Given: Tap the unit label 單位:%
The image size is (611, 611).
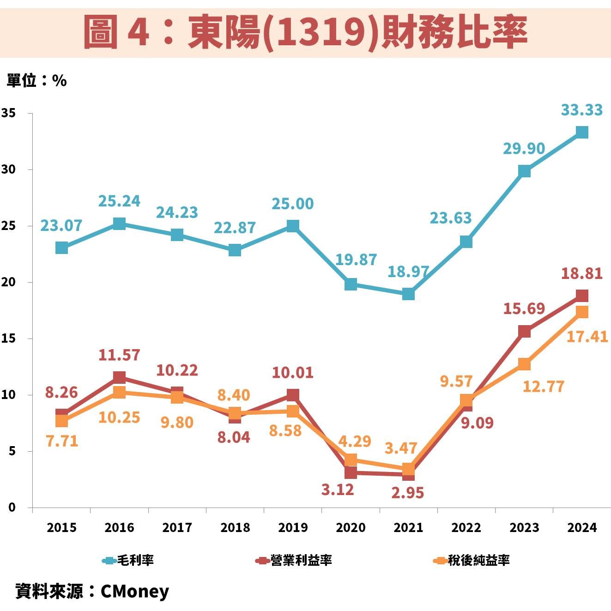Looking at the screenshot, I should pyautogui.click(x=36, y=80).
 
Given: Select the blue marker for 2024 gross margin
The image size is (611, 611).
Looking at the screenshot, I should pyautogui.click(x=582, y=133).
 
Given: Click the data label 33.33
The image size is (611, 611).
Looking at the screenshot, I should pyautogui.click(x=581, y=110).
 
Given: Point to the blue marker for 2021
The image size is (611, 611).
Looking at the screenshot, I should pyautogui.click(x=408, y=294).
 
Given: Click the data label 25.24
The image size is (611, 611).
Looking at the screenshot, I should pyautogui.click(x=119, y=201).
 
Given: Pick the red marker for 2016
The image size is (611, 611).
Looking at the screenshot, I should pyautogui.click(x=119, y=377).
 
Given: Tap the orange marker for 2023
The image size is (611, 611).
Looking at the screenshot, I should pyautogui.click(x=524, y=364).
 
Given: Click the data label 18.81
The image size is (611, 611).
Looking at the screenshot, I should pyautogui.click(x=581, y=274).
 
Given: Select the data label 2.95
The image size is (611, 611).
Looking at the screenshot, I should pyautogui.click(x=407, y=493).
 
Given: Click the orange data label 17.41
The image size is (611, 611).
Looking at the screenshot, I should pyautogui.click(x=587, y=337).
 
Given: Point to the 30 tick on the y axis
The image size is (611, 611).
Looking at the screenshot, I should pyautogui.click(x=9, y=169).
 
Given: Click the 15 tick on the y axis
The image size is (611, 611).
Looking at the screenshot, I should pyautogui.click(x=9, y=339).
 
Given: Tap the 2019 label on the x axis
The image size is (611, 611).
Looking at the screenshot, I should pyautogui.click(x=293, y=527).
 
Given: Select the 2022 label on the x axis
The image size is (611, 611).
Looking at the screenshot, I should pyautogui.click(x=466, y=527).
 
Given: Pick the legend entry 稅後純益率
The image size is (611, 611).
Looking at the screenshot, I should pyautogui.click(x=478, y=560).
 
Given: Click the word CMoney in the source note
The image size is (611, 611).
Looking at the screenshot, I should pyautogui.click(x=135, y=591).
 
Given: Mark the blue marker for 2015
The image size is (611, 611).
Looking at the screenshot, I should pyautogui.click(x=61, y=248).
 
